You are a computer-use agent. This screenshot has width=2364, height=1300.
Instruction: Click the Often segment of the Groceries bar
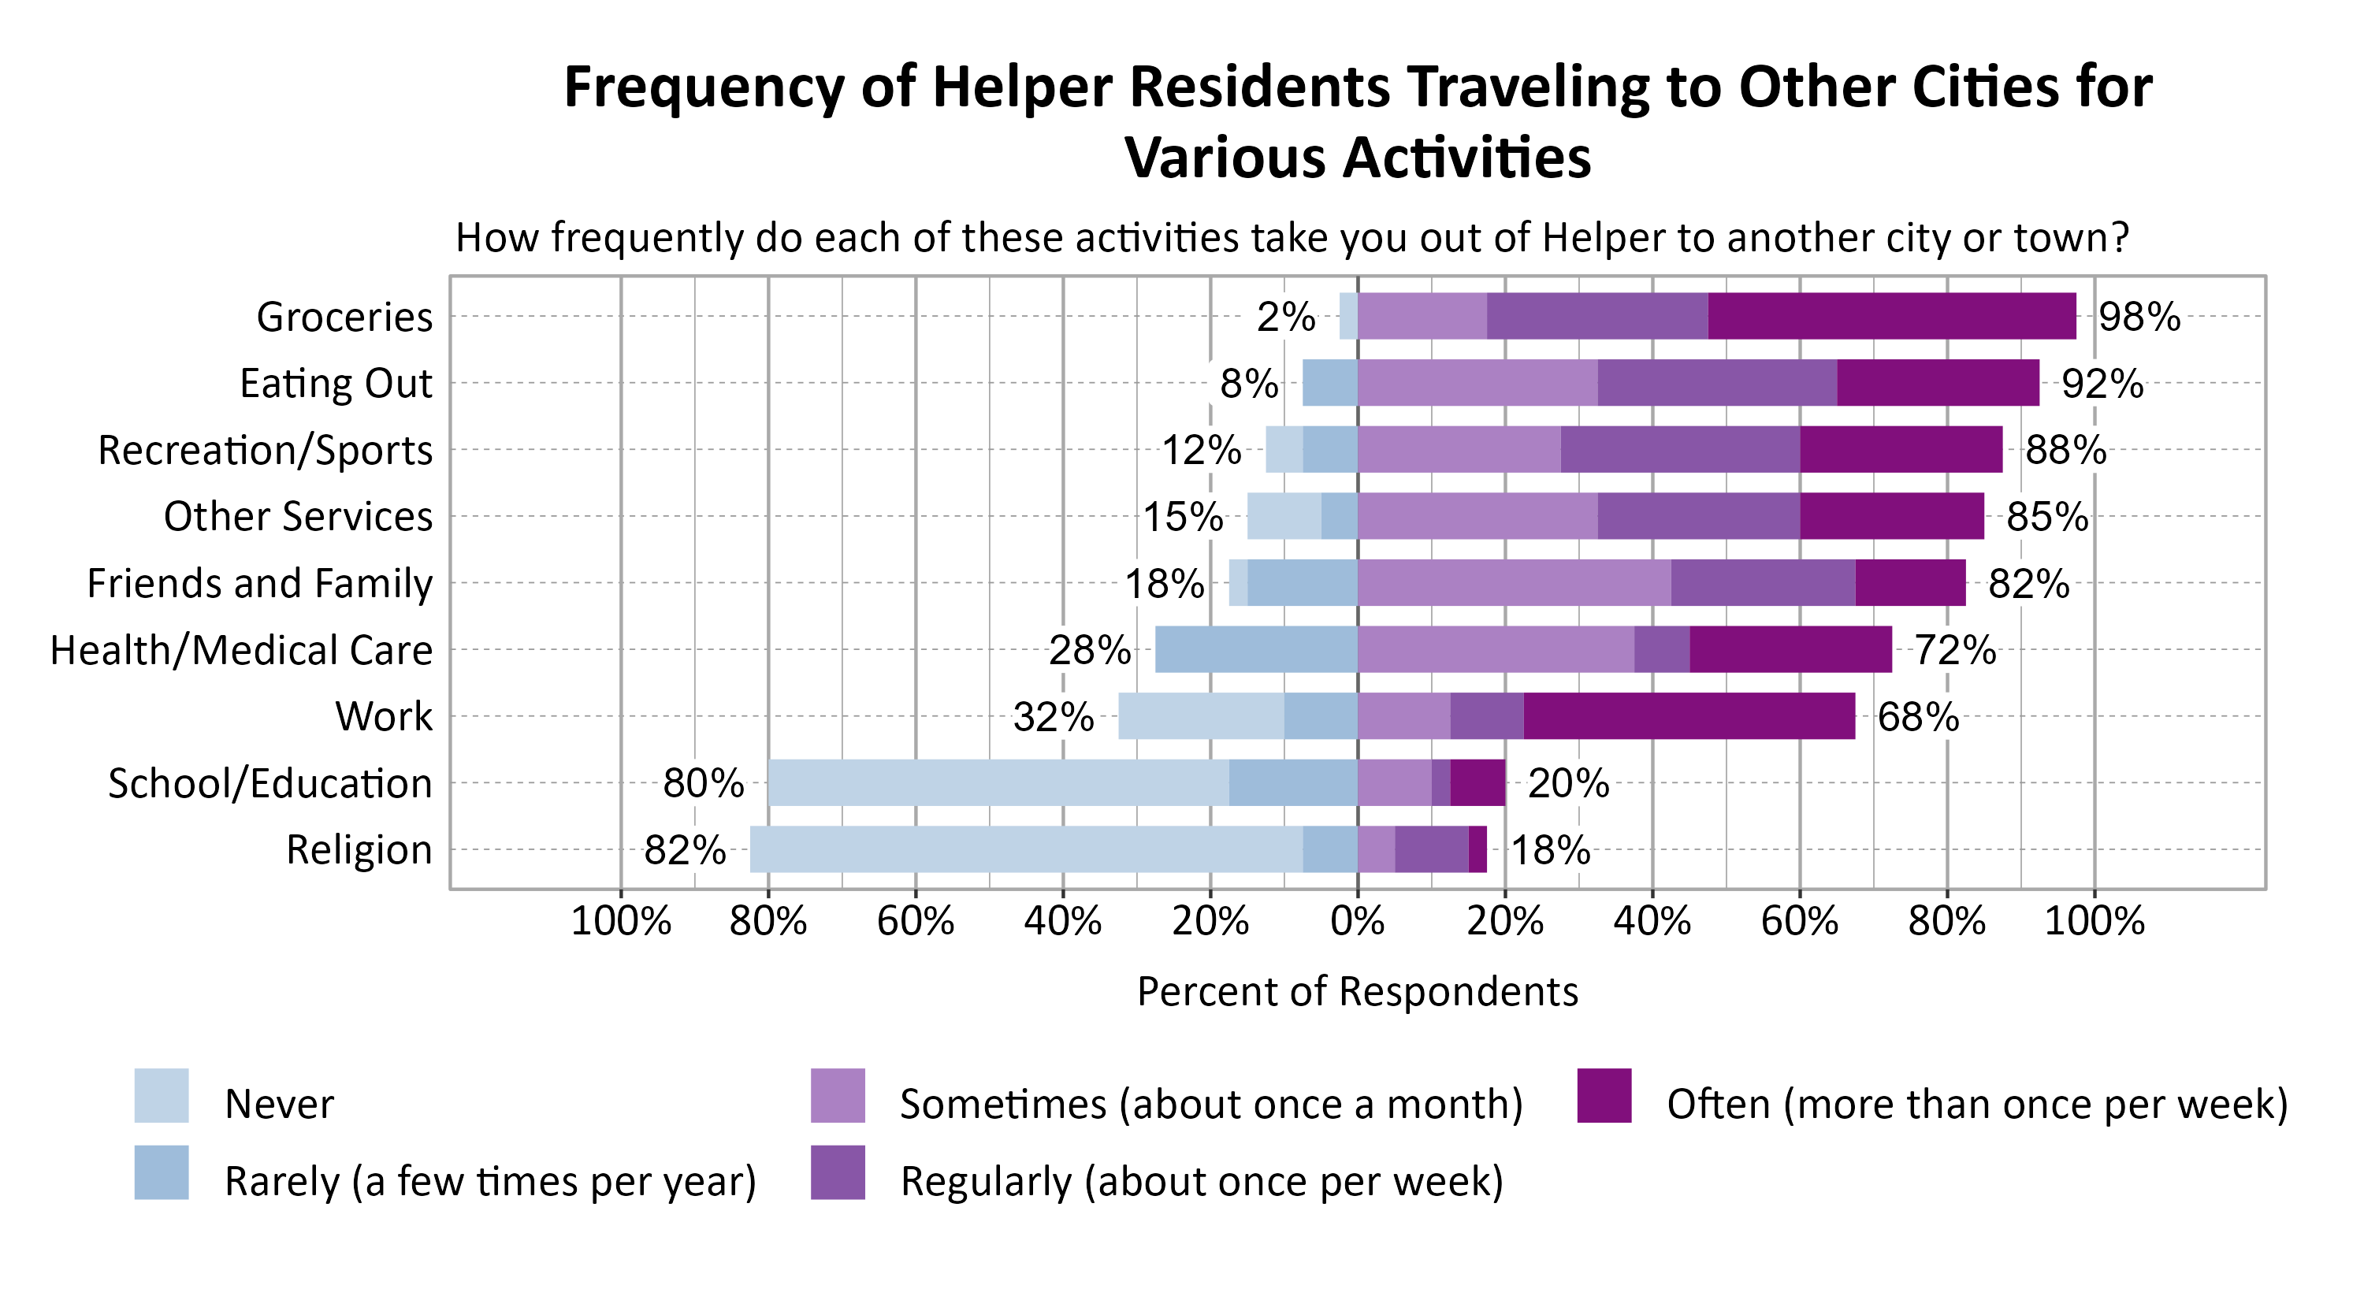coord(1890,316)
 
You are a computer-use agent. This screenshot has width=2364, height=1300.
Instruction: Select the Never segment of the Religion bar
coord(1026,849)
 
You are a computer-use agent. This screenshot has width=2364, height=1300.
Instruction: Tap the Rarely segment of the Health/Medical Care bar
coord(1255,649)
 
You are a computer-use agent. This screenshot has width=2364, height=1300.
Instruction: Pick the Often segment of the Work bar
coord(1689,715)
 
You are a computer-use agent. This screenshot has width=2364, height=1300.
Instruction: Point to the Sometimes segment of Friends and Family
coord(1515,582)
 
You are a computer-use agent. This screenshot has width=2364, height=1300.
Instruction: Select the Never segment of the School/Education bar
coord(998,782)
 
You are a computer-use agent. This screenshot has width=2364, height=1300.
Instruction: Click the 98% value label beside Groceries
coord(2139,318)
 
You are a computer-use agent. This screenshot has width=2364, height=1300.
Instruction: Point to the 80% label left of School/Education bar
coord(703,783)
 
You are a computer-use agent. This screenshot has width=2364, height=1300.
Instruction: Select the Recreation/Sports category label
coord(266,451)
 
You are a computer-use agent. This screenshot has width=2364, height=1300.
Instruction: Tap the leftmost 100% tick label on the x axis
coord(620,920)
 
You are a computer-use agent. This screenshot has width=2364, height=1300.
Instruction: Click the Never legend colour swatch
coord(162,1095)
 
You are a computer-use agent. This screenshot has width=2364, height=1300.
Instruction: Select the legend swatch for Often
coord(1604,1095)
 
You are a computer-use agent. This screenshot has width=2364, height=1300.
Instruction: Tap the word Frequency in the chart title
coord(702,88)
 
